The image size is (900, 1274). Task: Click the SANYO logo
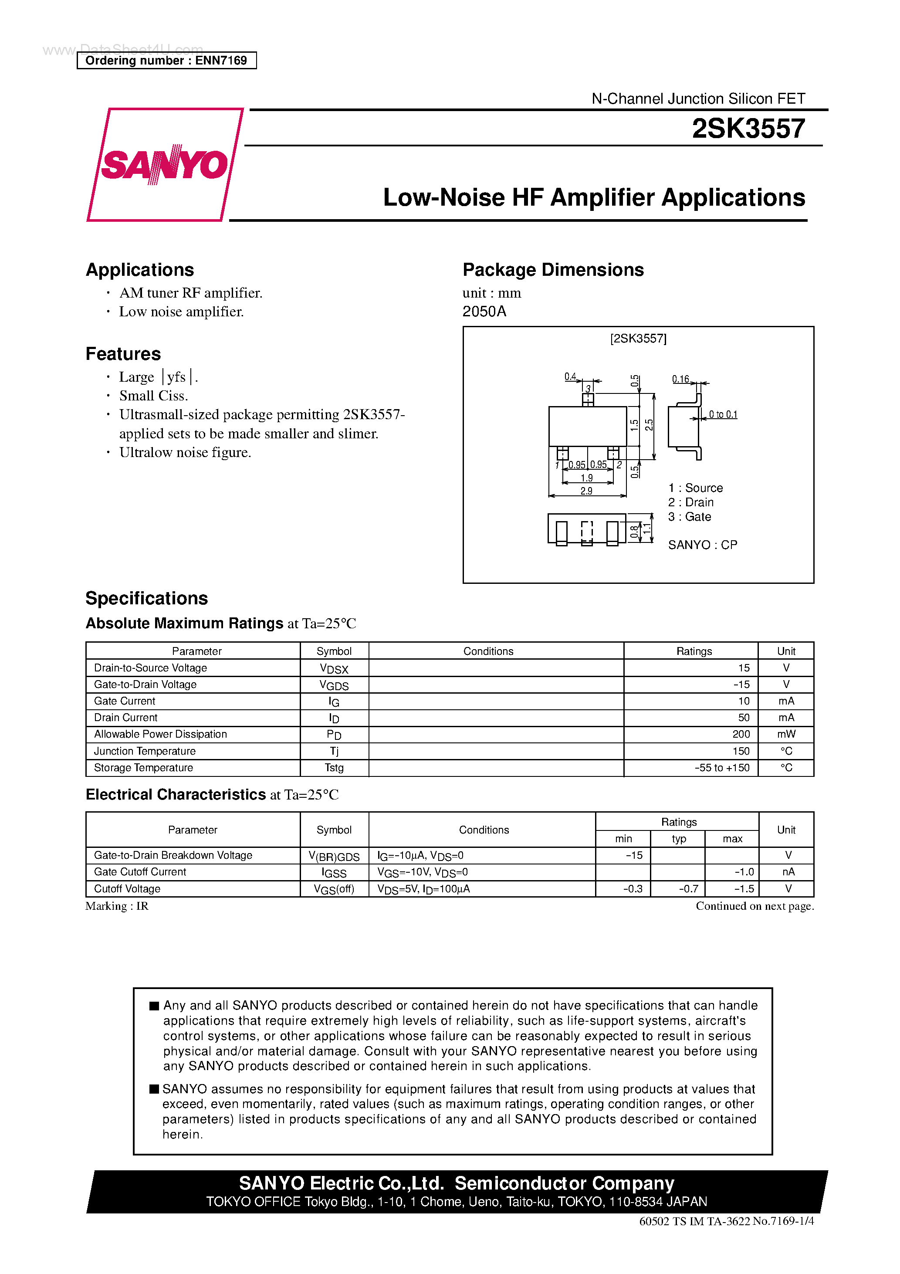164,165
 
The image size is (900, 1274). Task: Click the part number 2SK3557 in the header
748,129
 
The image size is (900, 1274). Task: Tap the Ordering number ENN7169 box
166,61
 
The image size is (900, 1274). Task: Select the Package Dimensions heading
553,270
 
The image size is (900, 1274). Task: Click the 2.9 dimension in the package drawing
586,491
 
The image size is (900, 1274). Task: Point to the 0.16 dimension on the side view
680,379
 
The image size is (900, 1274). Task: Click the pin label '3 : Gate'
689,517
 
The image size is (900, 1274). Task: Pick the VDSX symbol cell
334,669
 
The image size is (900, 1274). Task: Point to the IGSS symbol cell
334,872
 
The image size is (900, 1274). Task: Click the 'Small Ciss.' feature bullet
154,396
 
